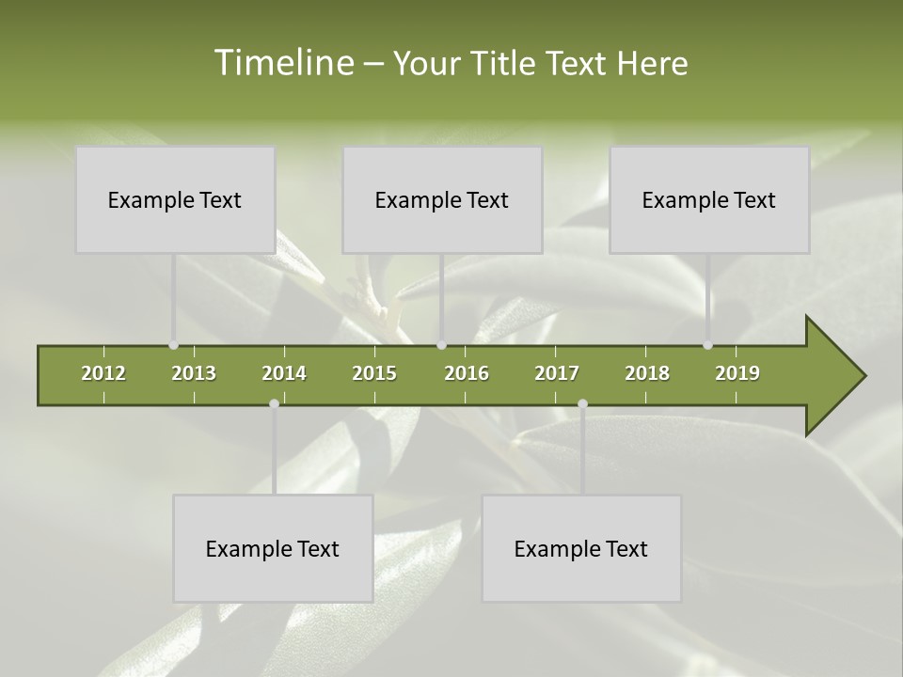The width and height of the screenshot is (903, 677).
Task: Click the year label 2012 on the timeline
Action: click(x=103, y=373)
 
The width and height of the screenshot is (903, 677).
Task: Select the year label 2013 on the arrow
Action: click(x=194, y=373)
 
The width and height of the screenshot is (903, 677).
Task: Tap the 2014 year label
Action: click(x=284, y=373)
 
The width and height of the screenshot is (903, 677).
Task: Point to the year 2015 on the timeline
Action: click(x=374, y=373)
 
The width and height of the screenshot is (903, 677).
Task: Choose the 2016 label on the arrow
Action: click(x=467, y=373)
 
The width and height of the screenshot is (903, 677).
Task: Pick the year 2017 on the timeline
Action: click(x=557, y=373)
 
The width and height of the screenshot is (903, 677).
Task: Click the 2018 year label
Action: click(x=647, y=373)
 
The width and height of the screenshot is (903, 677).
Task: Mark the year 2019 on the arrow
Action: click(x=737, y=373)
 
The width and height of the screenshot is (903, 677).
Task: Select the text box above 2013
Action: click(x=175, y=199)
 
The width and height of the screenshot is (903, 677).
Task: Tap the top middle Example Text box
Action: click(x=442, y=199)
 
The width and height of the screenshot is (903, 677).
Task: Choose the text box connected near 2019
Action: click(x=709, y=199)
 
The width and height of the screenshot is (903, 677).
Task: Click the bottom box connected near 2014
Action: click(x=273, y=548)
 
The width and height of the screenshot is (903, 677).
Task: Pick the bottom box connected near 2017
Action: click(x=581, y=548)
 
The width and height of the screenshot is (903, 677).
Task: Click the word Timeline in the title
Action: click(x=283, y=63)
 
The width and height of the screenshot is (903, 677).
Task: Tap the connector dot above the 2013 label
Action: click(x=174, y=345)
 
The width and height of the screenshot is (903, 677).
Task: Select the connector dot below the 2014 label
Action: click(x=274, y=403)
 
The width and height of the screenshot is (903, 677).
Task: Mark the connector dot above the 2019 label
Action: click(x=708, y=345)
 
